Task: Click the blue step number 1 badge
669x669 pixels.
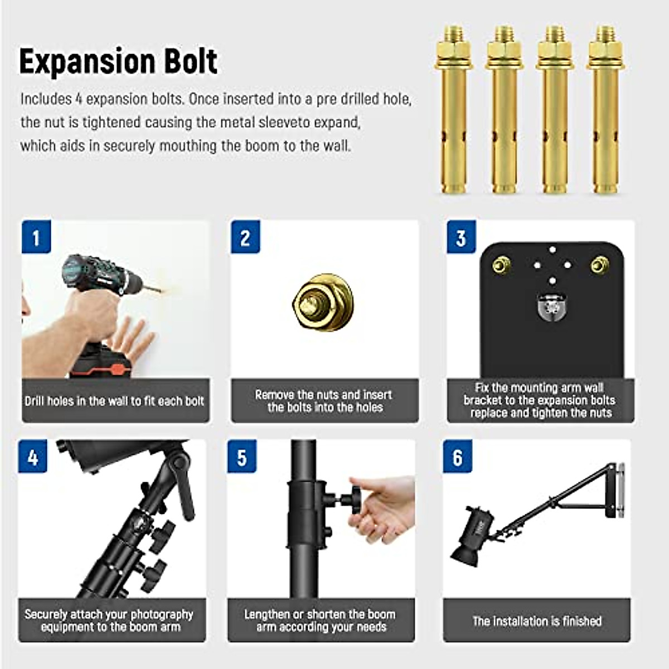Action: coord(36,237)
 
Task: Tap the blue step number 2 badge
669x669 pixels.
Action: coord(245,237)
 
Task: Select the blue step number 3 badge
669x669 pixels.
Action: coord(461,237)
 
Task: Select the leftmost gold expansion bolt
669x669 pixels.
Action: coord(454,111)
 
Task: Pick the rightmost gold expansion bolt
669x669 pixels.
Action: coord(606,111)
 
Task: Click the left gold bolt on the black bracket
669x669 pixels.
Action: coord(501,264)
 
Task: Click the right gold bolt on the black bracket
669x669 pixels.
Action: coord(600,264)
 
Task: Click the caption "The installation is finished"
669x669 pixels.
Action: coord(537,620)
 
